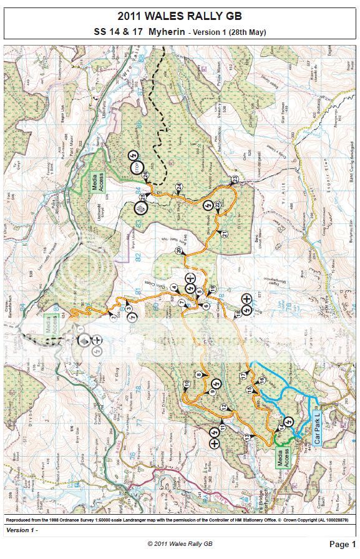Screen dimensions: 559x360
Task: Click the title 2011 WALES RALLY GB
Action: (x=180, y=16)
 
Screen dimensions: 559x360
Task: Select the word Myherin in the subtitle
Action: (x=157, y=32)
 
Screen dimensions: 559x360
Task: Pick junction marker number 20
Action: (x=178, y=250)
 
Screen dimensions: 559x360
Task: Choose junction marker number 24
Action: (x=179, y=187)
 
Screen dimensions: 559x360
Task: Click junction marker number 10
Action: (x=186, y=382)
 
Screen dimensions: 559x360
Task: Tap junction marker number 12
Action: (x=223, y=407)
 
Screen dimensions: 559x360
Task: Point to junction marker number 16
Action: (x=262, y=379)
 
